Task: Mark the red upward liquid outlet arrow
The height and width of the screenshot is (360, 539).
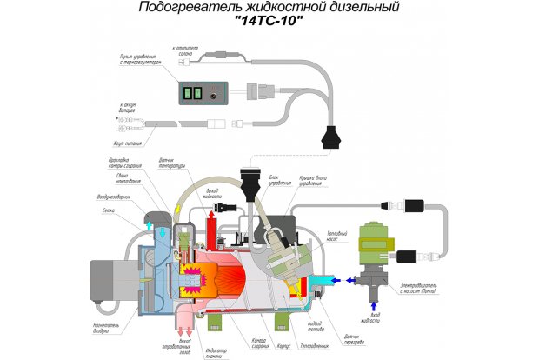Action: tap(210, 228)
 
